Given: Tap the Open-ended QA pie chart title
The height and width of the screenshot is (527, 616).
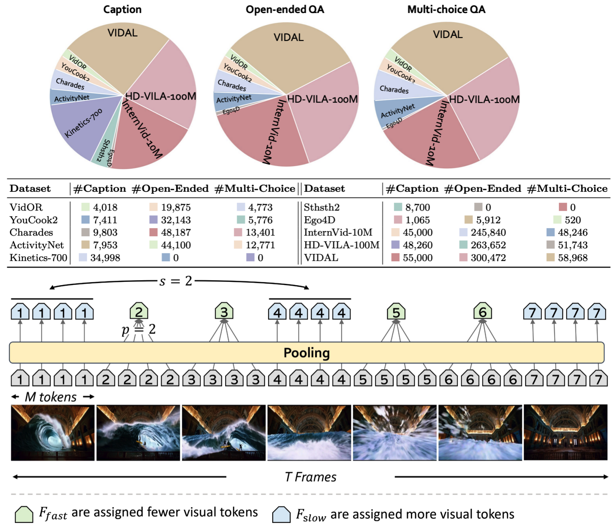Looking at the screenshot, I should point(284,9).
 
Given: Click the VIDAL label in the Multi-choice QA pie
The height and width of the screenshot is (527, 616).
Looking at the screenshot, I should point(448,35).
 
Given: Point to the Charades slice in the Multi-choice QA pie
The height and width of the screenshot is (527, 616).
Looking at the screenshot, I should point(394,88).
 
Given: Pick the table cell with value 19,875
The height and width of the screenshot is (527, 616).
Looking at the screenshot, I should point(175,208).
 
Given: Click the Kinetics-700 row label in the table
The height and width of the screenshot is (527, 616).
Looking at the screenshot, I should point(38,258).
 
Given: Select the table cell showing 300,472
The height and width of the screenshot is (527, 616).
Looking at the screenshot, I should point(488,258).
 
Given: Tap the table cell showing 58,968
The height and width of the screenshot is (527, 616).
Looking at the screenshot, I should point(572,258).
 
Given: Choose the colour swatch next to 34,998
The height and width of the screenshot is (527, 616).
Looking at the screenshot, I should point(83,258).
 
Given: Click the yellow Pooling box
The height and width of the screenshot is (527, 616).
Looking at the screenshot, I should point(307,353).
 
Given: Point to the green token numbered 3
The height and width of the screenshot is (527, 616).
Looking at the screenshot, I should point(224,311).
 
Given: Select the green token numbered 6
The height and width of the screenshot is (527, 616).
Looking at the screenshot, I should point(482,312).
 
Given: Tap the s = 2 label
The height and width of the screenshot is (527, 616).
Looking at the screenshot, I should point(175,281).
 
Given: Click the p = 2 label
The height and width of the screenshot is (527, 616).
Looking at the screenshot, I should point(139,330).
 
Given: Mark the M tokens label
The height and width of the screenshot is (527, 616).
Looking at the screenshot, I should point(50,397).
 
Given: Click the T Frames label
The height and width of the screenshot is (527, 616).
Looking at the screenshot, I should point(310,477).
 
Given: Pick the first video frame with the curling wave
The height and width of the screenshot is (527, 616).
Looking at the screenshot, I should point(53,433).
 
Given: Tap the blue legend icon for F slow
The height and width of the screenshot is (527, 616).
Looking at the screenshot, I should point(281,514).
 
